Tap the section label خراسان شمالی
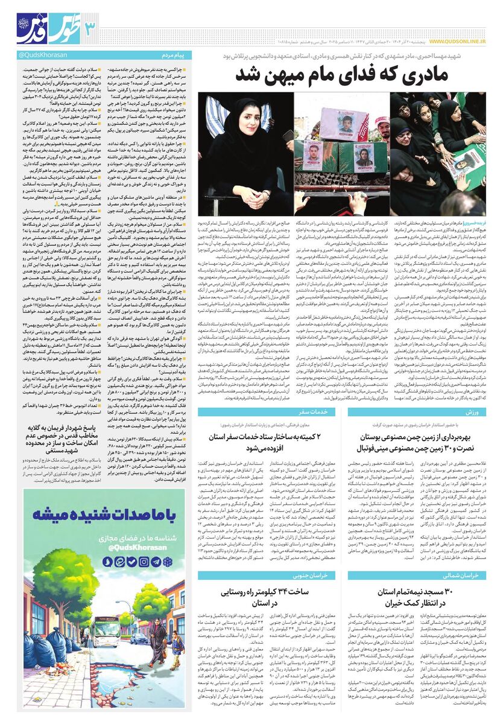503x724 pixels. (464, 576)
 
